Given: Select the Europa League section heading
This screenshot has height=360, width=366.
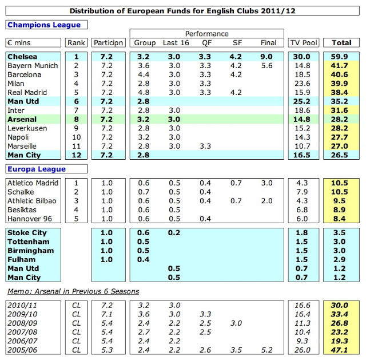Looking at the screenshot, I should pos(37,169).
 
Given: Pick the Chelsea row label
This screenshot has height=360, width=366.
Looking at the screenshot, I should pos(23,57).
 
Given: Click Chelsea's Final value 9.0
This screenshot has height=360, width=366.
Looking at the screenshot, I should pos(267,57).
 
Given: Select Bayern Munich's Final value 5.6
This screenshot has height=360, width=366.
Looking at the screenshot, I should pos(267,66).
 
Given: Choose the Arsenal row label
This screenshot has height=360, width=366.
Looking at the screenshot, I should pos(22,119).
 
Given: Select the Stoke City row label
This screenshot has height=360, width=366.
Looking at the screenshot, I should pos(27,233).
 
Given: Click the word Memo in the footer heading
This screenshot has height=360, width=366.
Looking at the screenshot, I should pos(18,291).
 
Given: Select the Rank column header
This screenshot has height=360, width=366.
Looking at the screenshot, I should pos(75,43).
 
